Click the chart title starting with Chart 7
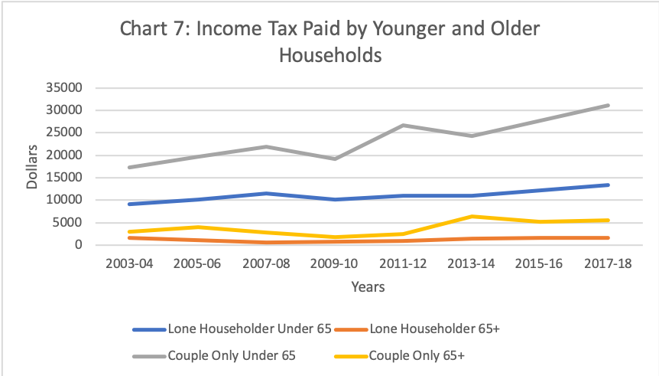coord(329,42)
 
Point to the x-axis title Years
coord(368,287)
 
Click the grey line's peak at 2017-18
coord(608,106)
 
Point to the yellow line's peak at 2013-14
coord(472,217)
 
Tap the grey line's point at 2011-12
coord(404,125)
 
